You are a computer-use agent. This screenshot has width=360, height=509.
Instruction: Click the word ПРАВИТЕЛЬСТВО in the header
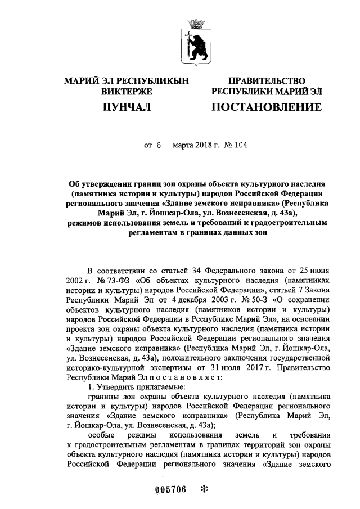(x=266, y=81)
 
